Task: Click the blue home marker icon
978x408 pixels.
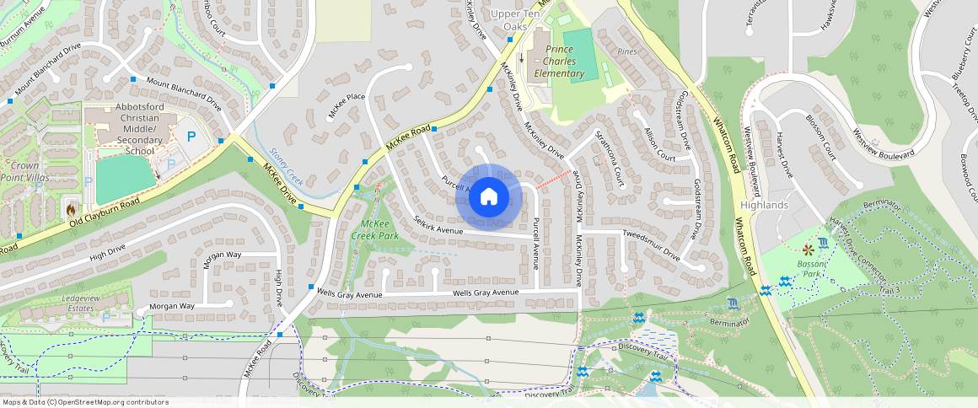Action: tap(488, 198)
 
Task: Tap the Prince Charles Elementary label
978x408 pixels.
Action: tap(559, 62)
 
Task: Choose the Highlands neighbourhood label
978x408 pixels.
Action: tap(764, 205)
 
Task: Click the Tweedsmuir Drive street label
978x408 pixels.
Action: tap(651, 242)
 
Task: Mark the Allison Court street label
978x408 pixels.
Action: tap(659, 145)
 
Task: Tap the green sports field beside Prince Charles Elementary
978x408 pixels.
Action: tap(579, 55)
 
